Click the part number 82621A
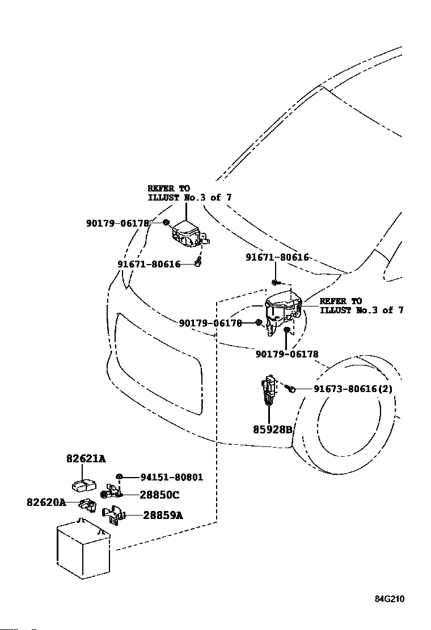86,458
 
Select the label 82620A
47,502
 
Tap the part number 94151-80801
172,477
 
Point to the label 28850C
159,495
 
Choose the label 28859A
163,514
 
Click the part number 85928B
272,429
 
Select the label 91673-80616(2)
353,389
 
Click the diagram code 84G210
390,599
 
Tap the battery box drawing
83,549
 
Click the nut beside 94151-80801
119,477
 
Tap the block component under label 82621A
84,486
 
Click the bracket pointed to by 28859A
114,515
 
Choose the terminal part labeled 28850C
111,491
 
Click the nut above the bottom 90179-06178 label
287,330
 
